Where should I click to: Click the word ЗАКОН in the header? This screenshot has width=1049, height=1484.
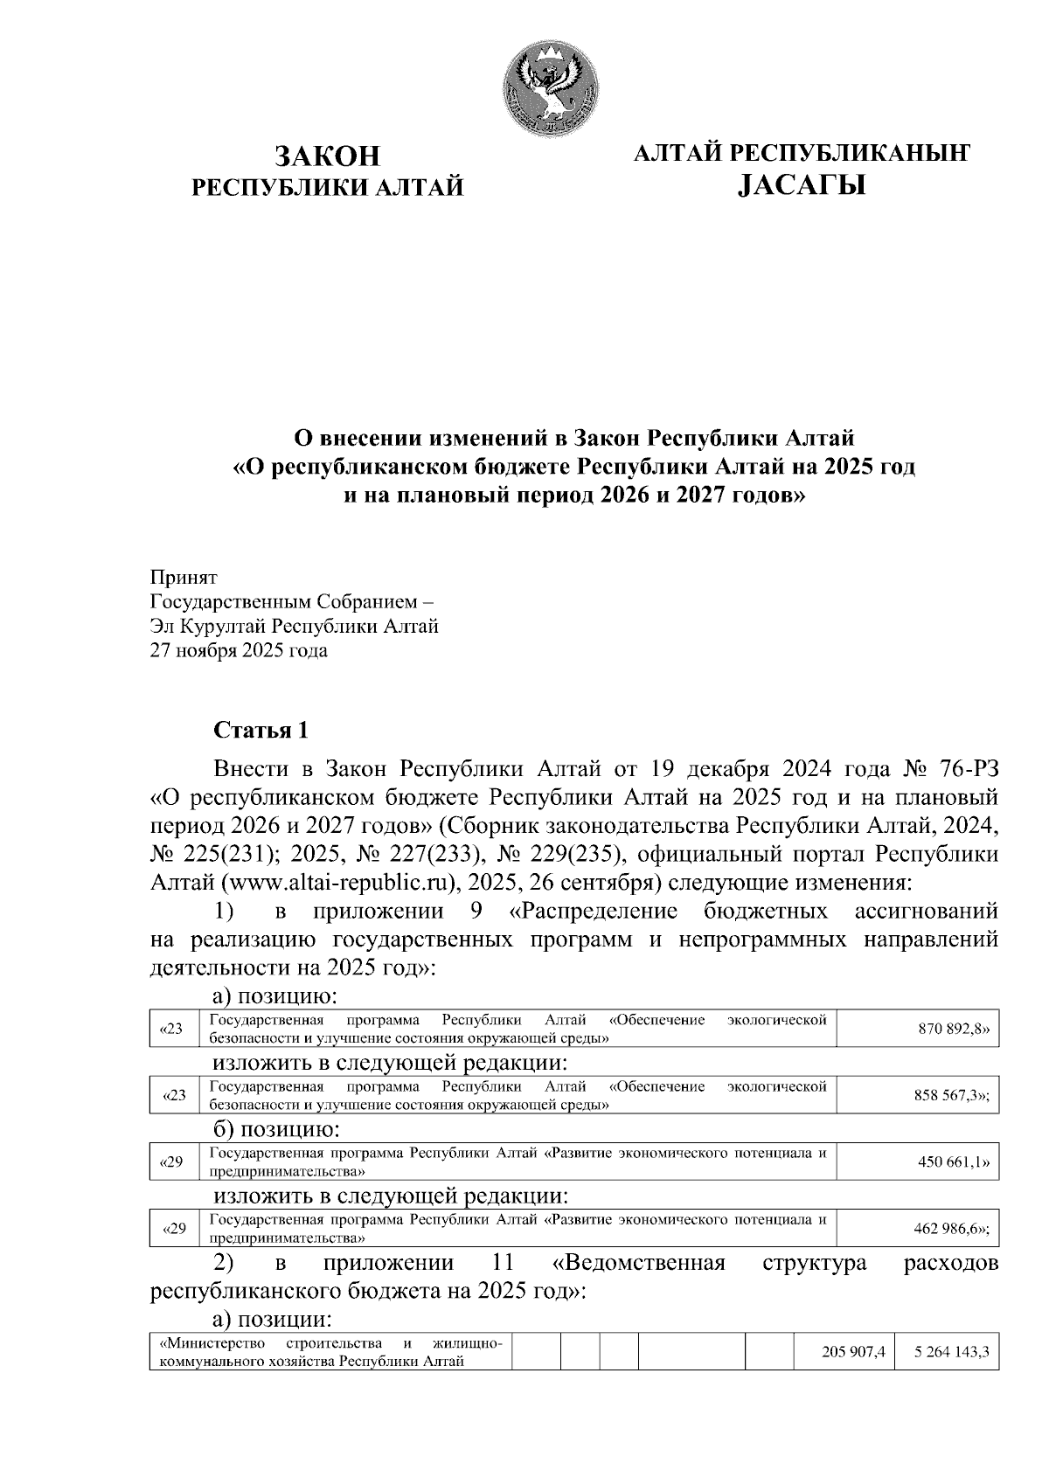(328, 156)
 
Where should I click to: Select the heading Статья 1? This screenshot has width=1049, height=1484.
(260, 730)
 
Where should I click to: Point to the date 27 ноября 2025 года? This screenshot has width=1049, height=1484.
(239, 651)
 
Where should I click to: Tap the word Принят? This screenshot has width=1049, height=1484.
(183, 578)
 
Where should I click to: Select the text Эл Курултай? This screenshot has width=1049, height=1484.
(208, 627)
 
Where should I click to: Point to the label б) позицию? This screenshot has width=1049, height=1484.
(275, 1130)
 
